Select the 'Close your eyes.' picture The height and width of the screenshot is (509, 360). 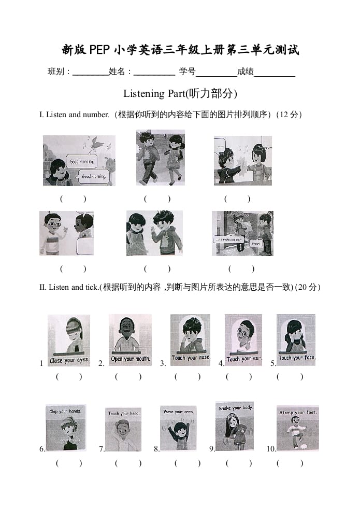tap(69, 340)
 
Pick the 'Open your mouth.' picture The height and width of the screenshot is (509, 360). tap(130, 340)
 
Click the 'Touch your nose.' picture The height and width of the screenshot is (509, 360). tap(190, 340)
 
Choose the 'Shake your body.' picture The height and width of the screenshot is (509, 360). tap(235, 426)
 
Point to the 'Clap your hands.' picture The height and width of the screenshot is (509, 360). tap(65, 428)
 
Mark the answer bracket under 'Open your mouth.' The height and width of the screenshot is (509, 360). tap(128, 377)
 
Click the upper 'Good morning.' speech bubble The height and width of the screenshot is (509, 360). tap(83, 162)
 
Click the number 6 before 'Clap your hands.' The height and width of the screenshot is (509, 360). tap(42, 449)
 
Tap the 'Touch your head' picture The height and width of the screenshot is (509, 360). tap(123, 429)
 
